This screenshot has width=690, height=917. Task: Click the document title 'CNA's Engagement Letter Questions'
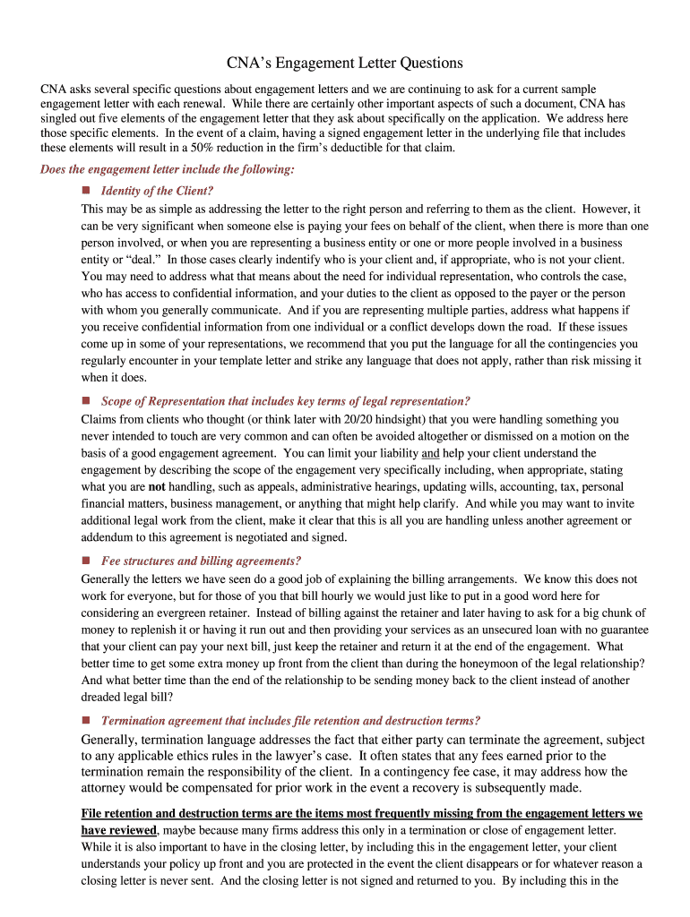(x=344, y=63)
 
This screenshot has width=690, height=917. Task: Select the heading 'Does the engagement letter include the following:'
(x=167, y=169)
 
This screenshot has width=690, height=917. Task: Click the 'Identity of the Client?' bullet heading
(x=158, y=191)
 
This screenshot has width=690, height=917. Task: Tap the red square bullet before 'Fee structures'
(x=87, y=561)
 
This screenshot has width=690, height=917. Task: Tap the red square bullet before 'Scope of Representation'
(x=87, y=400)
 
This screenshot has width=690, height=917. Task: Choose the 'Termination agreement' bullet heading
(x=290, y=720)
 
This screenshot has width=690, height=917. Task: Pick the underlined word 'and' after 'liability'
(x=430, y=453)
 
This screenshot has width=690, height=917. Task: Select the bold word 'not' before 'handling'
(x=157, y=487)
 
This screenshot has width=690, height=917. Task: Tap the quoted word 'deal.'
(x=135, y=259)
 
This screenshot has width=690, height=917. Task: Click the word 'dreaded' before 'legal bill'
(x=101, y=698)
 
